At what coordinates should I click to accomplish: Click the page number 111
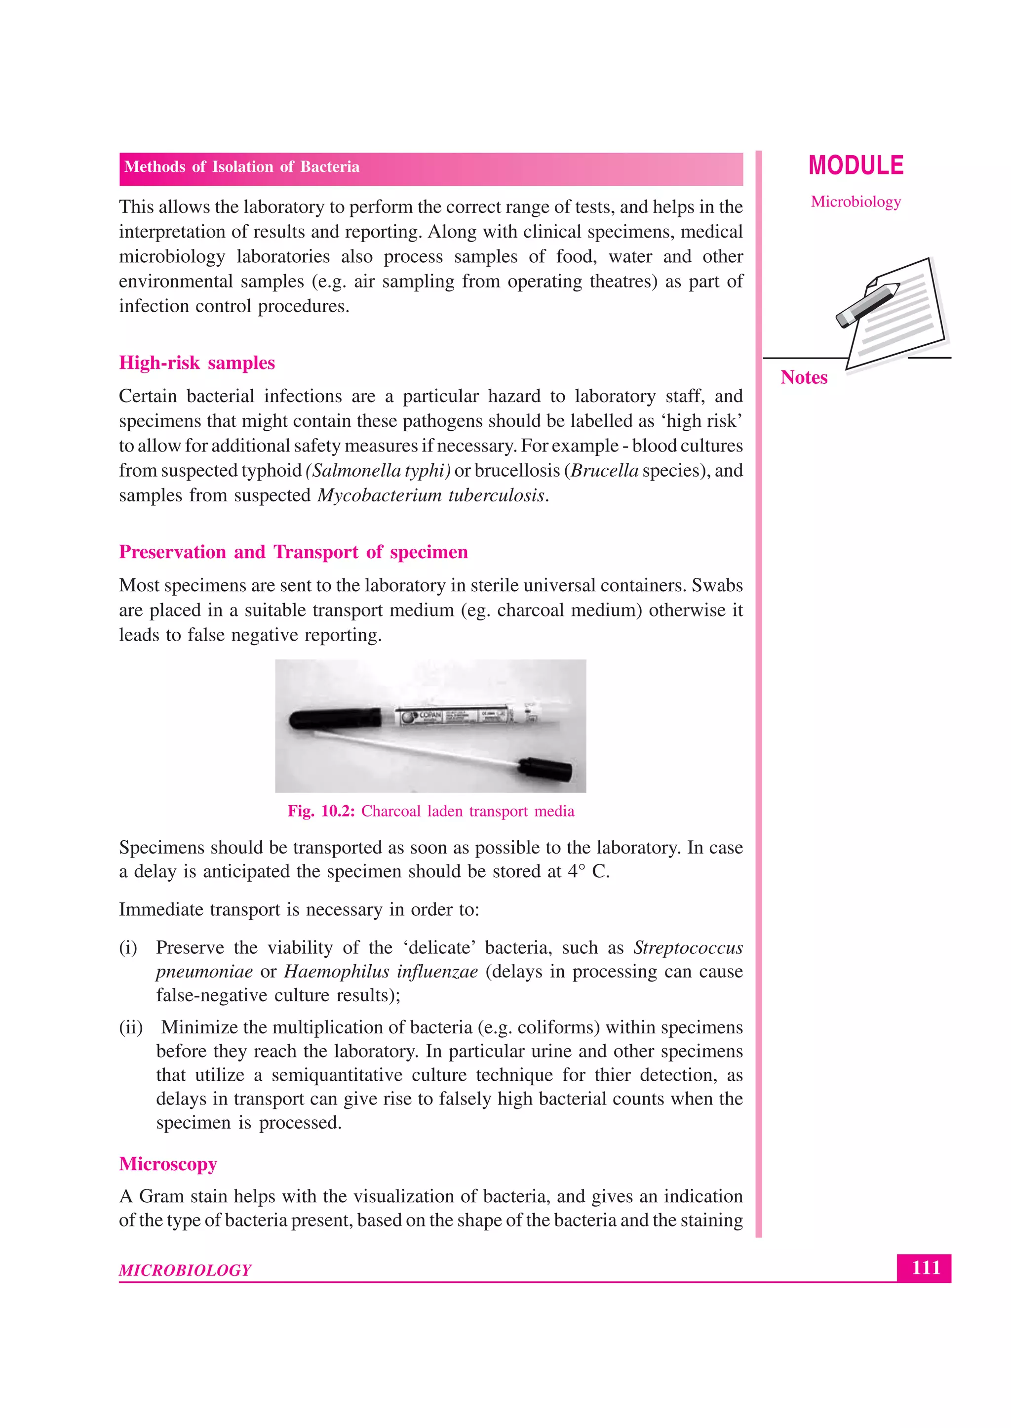coord(925,1267)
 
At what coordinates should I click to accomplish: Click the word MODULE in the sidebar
coord(855,165)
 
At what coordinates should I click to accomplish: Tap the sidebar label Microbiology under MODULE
coord(855,202)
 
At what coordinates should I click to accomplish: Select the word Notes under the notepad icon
coord(804,377)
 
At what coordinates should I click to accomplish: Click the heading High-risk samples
coord(197,363)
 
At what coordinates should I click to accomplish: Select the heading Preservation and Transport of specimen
coord(293,552)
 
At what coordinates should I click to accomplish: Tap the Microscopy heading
coord(168,1164)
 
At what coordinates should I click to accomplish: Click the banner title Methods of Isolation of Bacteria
coord(241,167)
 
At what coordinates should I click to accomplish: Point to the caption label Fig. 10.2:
coord(320,812)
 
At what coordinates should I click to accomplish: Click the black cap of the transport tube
coord(336,719)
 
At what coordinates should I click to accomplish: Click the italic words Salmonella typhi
coord(378,471)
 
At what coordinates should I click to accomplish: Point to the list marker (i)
coord(128,948)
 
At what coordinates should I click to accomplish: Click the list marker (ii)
coord(131,1027)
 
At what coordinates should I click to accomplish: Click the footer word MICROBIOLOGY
coord(185,1270)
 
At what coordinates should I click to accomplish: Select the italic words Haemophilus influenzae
coord(381,972)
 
